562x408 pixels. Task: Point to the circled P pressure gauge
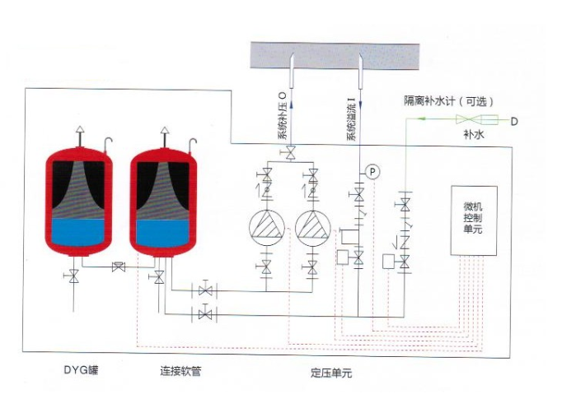pyautogui.click(x=372, y=171)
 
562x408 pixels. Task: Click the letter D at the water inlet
pyautogui.click(x=513, y=122)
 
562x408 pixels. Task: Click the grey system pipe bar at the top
pyautogui.click(x=330, y=57)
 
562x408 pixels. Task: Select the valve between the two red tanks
pyautogui.click(x=119, y=267)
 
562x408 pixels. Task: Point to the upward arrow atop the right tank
pyautogui.click(x=165, y=130)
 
